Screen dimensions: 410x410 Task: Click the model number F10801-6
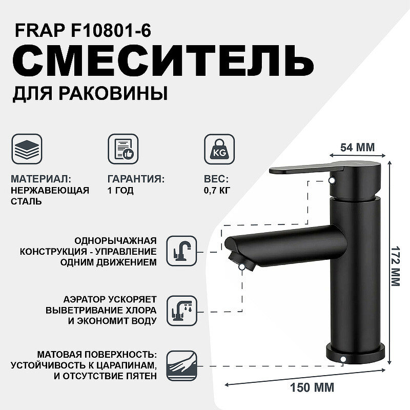tap(111, 31)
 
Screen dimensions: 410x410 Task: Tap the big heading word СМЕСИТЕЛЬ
tap(163, 61)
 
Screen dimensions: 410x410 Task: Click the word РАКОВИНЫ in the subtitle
tap(113, 94)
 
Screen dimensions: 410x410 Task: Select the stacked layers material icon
tap(27, 149)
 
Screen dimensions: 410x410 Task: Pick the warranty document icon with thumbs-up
tap(123, 149)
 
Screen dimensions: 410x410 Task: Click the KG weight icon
tap(219, 149)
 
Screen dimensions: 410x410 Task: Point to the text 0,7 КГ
tap(217, 190)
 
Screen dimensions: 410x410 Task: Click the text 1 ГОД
tap(120, 190)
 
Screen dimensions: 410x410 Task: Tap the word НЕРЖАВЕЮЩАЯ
tap(50, 190)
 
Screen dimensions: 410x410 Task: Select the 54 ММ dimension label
tap(357, 148)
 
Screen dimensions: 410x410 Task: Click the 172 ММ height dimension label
tap(395, 266)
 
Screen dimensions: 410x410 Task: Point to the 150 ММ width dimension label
tap(312, 387)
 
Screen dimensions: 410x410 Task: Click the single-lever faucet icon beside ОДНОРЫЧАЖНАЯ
tap(182, 251)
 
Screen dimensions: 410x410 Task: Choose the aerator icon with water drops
tap(182, 311)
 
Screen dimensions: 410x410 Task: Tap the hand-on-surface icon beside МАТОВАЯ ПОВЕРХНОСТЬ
tap(182, 366)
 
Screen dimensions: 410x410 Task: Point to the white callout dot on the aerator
tap(242, 266)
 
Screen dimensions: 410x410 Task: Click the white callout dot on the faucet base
tap(343, 360)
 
